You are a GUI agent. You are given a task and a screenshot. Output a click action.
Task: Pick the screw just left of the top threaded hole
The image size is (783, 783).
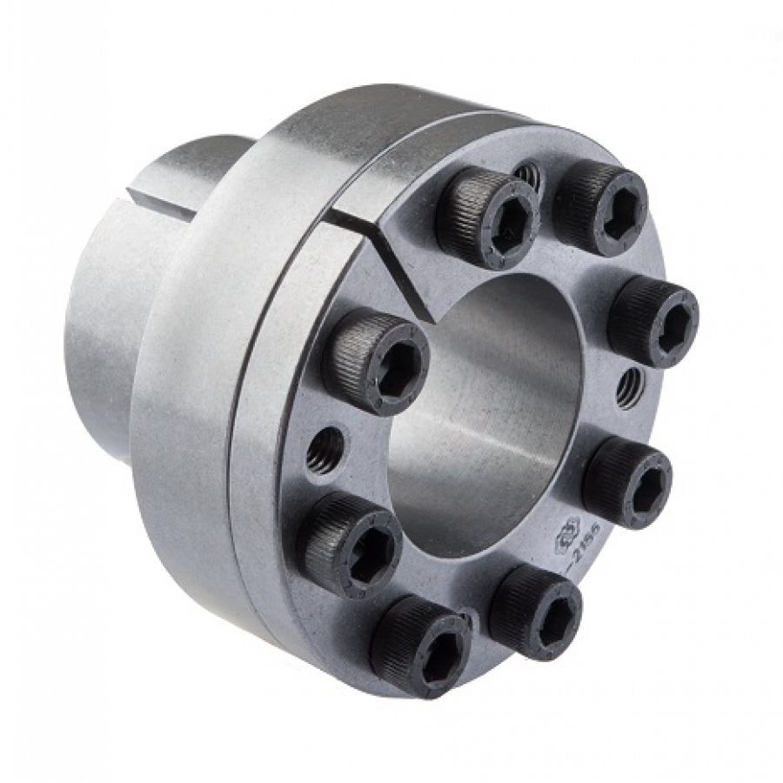(x=487, y=215)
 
